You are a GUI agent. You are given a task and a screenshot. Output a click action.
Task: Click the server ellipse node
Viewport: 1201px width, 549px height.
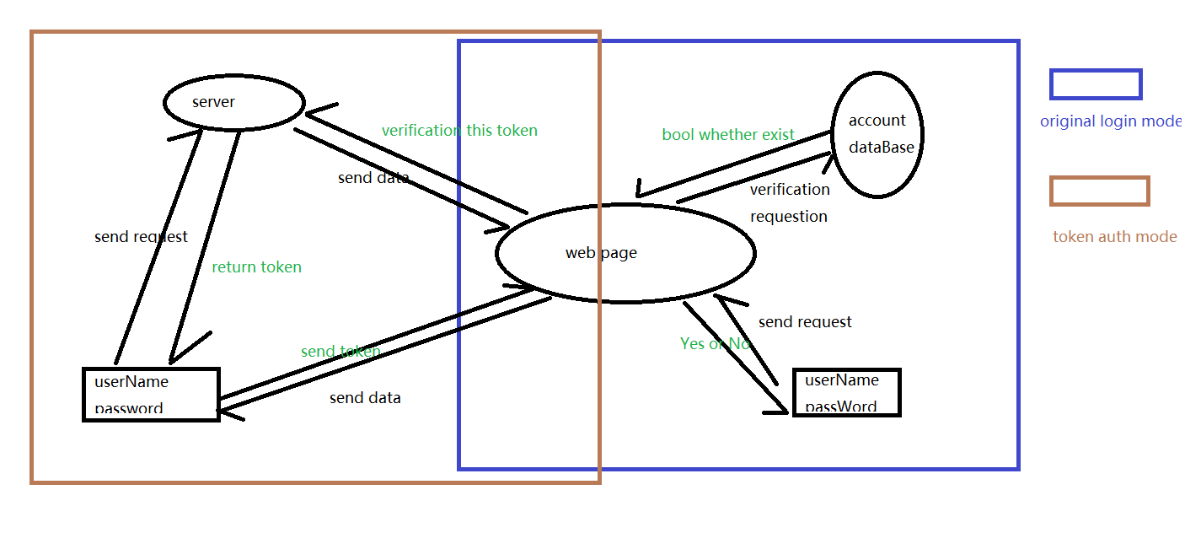click(233, 103)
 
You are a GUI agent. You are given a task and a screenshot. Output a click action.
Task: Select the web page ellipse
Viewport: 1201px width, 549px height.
click(625, 253)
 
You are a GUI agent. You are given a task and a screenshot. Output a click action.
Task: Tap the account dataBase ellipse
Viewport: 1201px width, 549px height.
click(877, 134)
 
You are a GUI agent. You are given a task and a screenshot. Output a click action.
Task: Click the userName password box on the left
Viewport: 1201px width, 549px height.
click(151, 395)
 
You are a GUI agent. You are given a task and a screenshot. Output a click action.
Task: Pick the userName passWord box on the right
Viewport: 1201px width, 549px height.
click(847, 393)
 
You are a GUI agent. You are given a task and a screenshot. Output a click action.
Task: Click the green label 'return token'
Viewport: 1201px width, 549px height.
click(256, 267)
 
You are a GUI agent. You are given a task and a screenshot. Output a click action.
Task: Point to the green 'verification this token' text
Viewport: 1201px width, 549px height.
click(459, 131)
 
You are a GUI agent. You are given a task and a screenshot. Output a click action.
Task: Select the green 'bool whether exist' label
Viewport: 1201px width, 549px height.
click(728, 135)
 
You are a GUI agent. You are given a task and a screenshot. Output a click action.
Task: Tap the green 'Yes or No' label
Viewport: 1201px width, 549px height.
click(715, 343)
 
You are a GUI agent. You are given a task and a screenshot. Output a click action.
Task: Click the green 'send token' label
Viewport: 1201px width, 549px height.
click(340, 352)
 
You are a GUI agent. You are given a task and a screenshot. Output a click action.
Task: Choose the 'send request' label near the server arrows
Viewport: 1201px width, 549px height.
click(141, 237)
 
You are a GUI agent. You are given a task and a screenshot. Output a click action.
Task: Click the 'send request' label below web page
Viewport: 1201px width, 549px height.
click(805, 322)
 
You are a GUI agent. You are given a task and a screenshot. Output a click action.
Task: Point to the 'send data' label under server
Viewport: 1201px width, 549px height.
click(373, 178)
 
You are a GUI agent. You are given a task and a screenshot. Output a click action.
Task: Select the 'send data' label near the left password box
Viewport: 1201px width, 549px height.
click(365, 398)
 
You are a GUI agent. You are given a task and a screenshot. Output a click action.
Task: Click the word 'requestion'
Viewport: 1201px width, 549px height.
click(789, 217)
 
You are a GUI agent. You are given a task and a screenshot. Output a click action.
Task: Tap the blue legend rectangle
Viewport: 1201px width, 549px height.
click(1096, 84)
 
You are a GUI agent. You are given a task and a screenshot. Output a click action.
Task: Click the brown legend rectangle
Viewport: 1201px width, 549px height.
click(1099, 191)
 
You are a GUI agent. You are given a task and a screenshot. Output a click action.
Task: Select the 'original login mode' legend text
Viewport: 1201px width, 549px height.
click(1111, 121)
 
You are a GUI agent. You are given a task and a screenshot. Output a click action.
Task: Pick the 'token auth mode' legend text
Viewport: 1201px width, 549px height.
click(1114, 237)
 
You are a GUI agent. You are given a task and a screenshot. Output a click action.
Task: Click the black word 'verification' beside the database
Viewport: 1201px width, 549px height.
click(790, 190)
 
